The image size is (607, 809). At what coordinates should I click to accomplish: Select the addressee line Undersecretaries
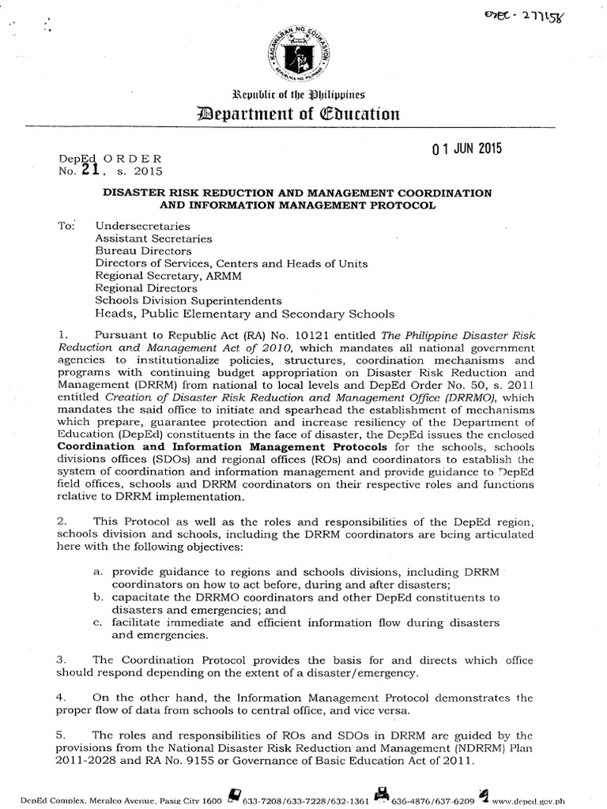tap(137, 225)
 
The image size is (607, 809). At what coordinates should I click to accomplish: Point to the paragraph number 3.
tap(62, 659)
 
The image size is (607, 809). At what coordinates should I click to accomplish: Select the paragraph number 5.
tap(62, 735)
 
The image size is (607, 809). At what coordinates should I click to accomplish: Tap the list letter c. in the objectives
tap(98, 623)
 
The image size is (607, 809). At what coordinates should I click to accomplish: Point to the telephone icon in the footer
tap(235, 796)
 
